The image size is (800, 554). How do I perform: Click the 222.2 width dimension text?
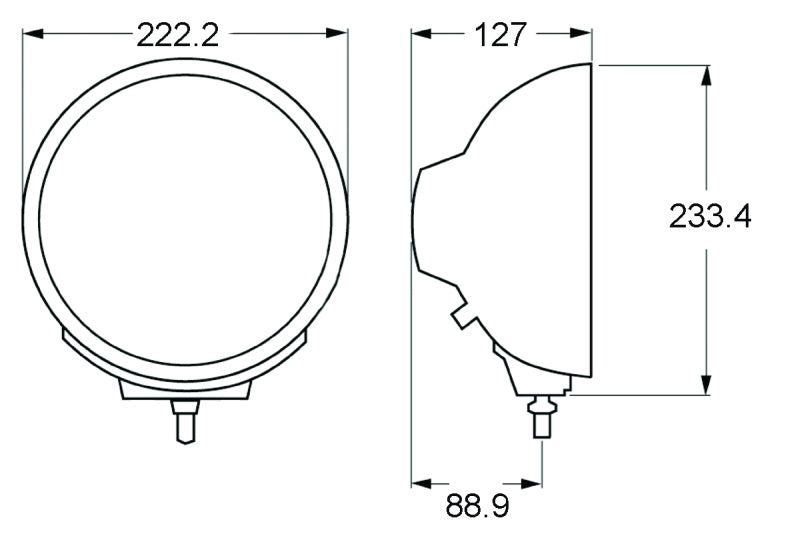[x=177, y=35]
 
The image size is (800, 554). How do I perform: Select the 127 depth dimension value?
[x=500, y=35]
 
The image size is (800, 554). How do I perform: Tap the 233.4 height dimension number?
[x=709, y=216]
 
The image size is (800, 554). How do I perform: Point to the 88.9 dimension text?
[x=477, y=507]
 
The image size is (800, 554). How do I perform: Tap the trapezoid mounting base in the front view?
[x=185, y=390]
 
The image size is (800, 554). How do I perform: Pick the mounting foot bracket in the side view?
[x=535, y=375]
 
